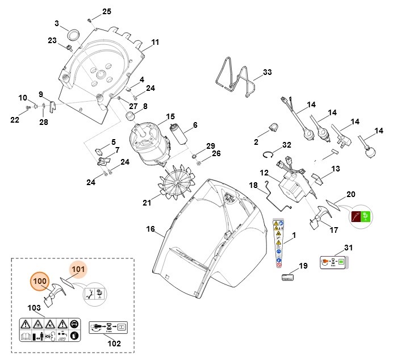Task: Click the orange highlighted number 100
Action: coord(39,281)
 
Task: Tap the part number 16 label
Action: coord(150,229)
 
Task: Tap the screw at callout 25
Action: coord(90,20)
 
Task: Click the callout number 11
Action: coord(155,43)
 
